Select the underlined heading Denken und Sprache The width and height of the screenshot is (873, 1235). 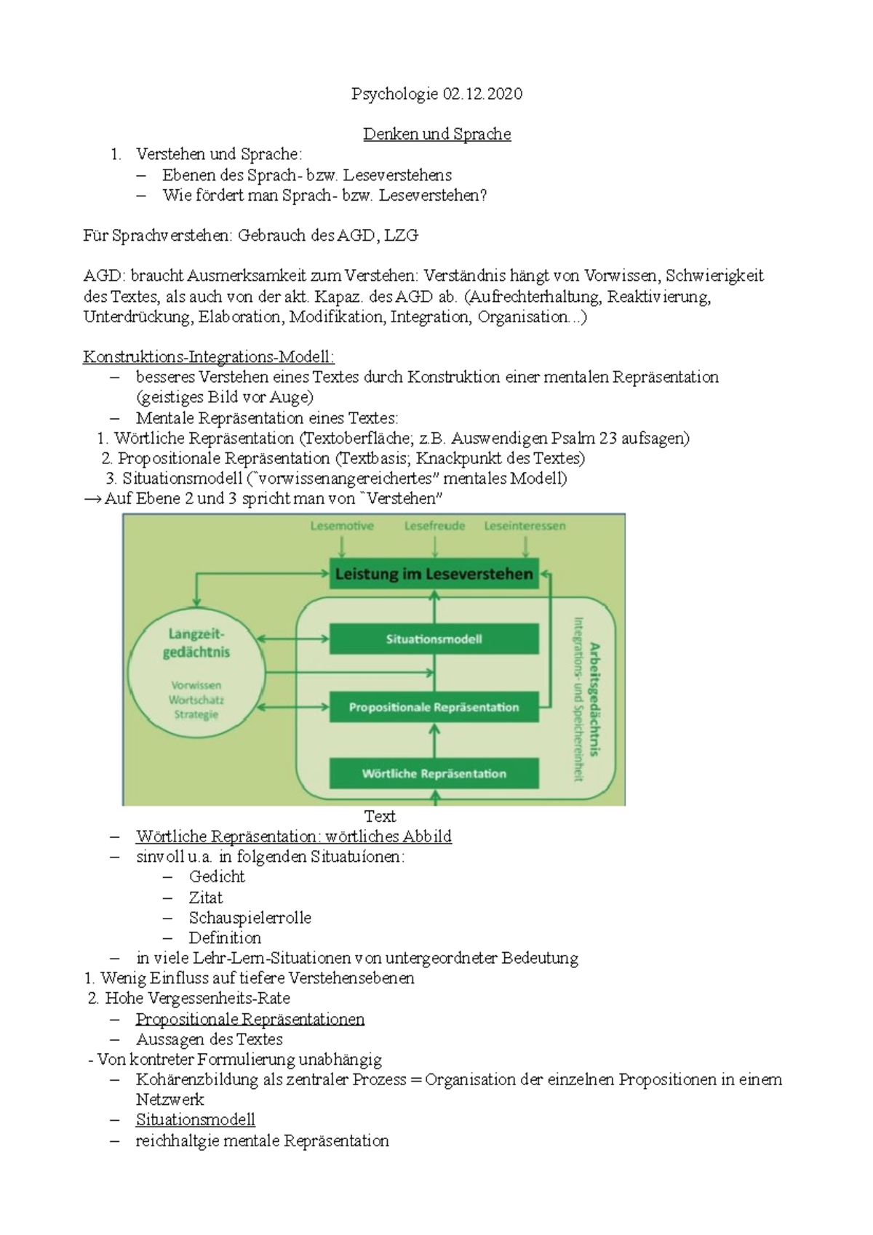[x=436, y=135]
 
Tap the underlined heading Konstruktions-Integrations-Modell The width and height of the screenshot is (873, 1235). [x=209, y=357]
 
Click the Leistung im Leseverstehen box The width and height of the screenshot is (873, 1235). [x=434, y=574]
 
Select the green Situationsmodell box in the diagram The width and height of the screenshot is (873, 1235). [x=434, y=639]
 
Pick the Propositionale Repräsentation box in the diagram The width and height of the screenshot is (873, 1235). [x=434, y=707]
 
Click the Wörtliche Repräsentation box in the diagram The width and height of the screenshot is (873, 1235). [x=434, y=774]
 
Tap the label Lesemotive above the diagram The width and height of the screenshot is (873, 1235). [x=342, y=526]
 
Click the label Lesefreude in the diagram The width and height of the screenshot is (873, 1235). [x=434, y=526]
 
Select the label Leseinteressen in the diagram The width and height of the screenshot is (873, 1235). [x=525, y=526]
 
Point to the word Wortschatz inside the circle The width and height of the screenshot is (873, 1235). [x=196, y=700]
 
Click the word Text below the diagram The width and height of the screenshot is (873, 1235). [x=380, y=816]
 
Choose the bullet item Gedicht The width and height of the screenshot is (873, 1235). [x=217, y=877]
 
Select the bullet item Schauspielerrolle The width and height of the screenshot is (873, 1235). [x=250, y=918]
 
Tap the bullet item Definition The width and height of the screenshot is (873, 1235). [x=225, y=938]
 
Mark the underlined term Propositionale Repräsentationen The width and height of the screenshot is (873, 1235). [x=250, y=1019]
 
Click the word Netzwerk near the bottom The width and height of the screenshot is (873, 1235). [x=170, y=1100]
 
